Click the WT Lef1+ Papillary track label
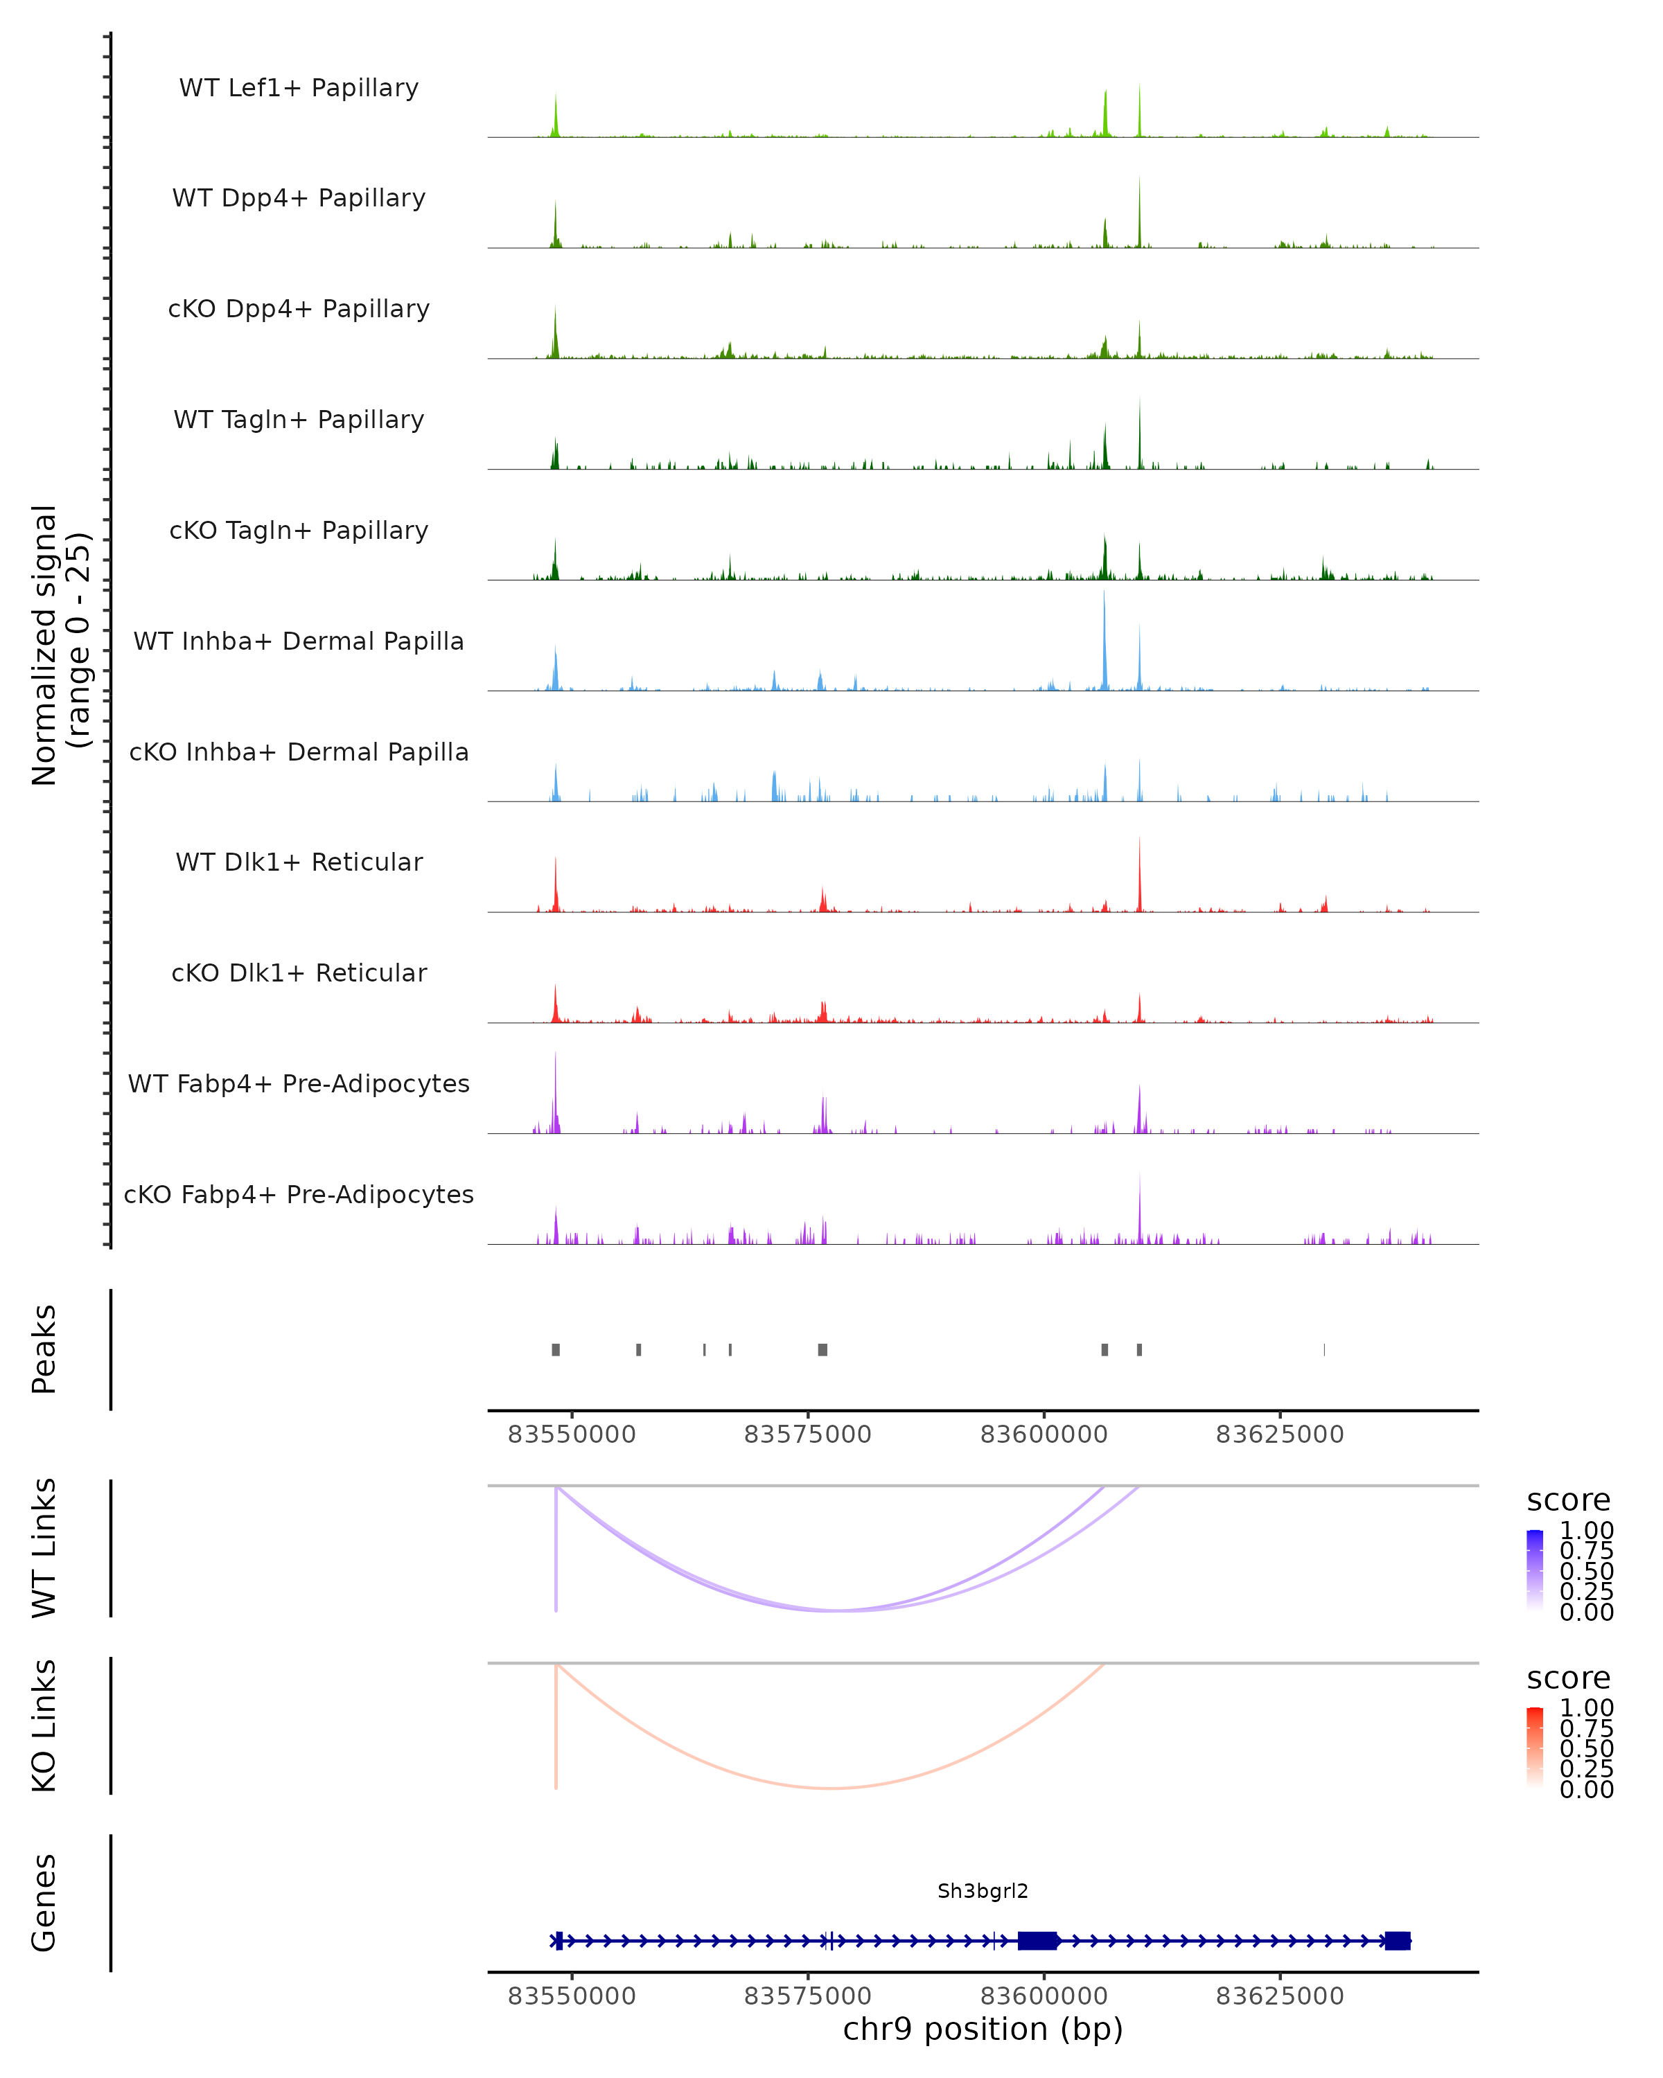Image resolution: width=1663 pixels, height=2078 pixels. click(299, 88)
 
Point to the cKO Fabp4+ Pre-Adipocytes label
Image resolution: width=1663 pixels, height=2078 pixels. click(299, 1194)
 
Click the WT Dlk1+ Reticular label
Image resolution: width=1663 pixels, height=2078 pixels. click(299, 862)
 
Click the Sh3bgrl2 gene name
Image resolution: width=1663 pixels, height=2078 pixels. click(983, 1891)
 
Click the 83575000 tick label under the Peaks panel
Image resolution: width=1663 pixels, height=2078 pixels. click(807, 1435)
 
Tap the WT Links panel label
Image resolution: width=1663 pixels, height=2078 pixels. click(44, 1548)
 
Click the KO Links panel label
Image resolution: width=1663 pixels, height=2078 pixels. click(44, 1725)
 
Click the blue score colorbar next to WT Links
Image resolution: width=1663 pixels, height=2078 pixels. click(1535, 1569)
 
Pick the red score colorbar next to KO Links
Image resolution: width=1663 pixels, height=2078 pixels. click(1535, 1746)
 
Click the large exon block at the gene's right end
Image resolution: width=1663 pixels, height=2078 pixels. click(1397, 1941)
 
